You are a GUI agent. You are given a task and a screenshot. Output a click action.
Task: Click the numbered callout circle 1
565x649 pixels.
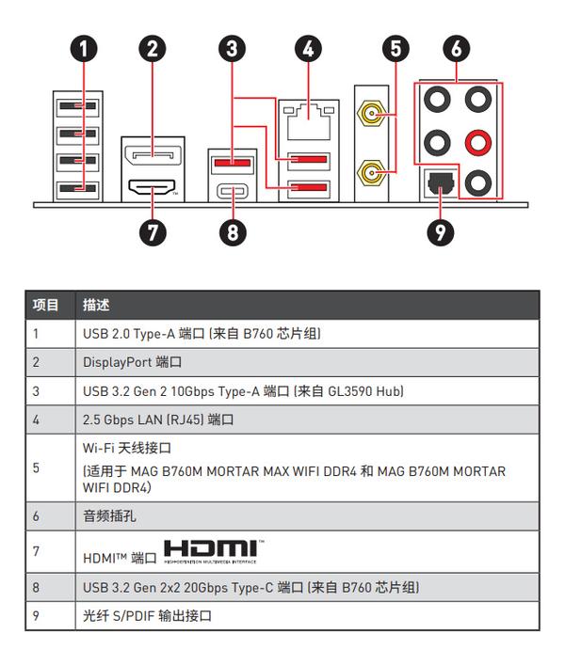[85, 47]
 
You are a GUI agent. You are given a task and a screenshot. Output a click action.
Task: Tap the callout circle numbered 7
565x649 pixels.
[153, 230]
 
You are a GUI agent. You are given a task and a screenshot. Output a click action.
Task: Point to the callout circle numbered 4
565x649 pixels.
[307, 47]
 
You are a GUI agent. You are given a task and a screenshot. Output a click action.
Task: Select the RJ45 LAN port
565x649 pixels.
[307, 120]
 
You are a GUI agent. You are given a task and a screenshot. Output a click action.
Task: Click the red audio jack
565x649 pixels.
[479, 143]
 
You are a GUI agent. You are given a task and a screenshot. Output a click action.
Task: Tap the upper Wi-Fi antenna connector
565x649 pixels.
[368, 118]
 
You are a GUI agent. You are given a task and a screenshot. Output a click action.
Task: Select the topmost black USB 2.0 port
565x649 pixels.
[71, 105]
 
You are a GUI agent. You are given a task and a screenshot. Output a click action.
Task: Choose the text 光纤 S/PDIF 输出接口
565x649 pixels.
[147, 615]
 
